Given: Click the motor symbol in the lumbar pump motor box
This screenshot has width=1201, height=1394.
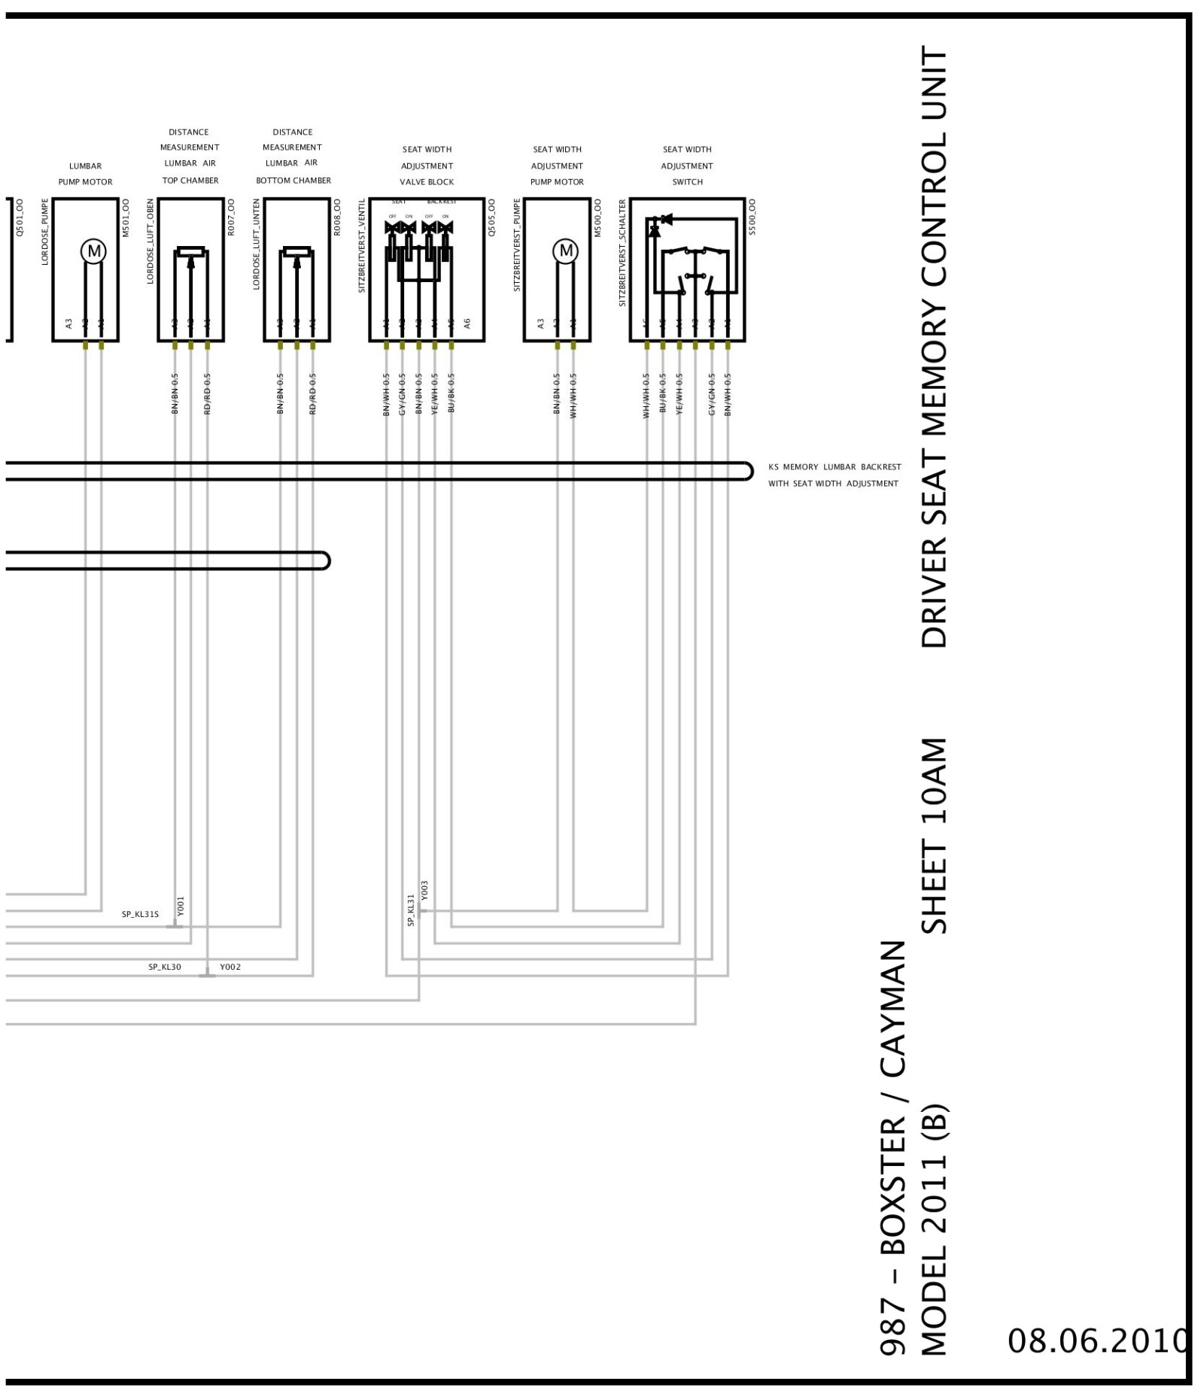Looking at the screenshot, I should click(x=94, y=251).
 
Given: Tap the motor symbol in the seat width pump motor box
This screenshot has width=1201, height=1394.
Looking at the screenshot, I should click(x=566, y=251).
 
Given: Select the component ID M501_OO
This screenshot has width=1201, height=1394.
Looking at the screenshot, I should click(x=126, y=217).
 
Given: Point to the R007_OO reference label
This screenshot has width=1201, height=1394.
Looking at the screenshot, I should click(x=232, y=217).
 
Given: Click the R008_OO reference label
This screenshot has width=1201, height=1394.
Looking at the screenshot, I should click(x=338, y=217).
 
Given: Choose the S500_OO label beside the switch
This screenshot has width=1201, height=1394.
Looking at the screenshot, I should click(x=753, y=217).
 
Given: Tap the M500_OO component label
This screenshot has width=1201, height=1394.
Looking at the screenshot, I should click(x=598, y=217).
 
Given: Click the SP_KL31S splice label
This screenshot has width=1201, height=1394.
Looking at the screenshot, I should click(x=140, y=915).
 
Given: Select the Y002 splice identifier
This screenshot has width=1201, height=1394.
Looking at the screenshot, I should click(x=230, y=967).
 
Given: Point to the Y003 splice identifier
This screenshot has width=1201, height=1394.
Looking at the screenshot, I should click(x=425, y=890).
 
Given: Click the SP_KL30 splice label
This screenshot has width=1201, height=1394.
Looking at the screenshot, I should click(x=164, y=967).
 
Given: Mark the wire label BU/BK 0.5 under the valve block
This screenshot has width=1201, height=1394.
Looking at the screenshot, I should click(x=451, y=393).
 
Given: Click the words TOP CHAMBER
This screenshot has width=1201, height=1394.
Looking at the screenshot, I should click(x=190, y=181).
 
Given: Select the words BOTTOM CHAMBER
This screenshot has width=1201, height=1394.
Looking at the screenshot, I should click(x=293, y=181).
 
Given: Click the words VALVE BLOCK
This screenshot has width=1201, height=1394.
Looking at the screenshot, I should click(x=427, y=182).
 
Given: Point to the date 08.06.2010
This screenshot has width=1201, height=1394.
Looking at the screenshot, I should click(x=1096, y=1340).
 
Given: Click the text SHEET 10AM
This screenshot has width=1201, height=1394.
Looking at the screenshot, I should click(x=935, y=835).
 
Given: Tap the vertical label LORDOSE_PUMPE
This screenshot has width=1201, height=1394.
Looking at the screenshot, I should click(x=45, y=232).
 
